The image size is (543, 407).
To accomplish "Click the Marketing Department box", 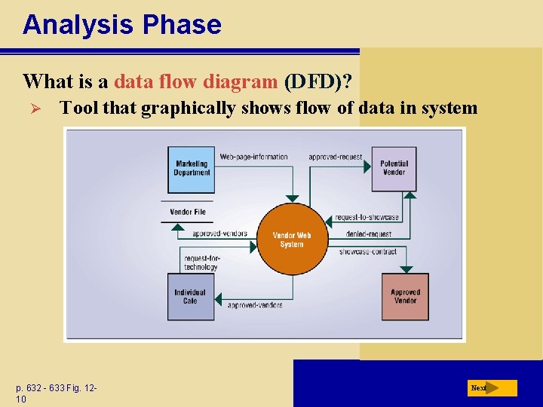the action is coord(192,168).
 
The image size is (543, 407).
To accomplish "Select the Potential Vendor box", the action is coord(394,167).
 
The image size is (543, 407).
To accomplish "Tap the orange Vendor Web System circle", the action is coord(291,239).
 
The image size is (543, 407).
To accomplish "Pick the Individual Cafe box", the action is coord(190,296).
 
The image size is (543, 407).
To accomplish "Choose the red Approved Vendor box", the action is coord(405,296).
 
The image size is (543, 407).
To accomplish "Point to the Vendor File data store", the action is coord(188,212).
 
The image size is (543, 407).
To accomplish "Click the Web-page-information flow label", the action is coord(254,157).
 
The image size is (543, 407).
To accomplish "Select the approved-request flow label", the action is coord(336,157).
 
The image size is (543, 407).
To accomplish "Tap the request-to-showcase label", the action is coord(367,217).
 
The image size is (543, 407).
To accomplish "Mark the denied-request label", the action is coord(365,234).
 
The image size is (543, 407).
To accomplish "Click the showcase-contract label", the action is coord(367,251).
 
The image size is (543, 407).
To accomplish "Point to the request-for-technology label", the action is coord(201,262).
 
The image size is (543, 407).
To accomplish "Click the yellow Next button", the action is coord(492,388).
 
